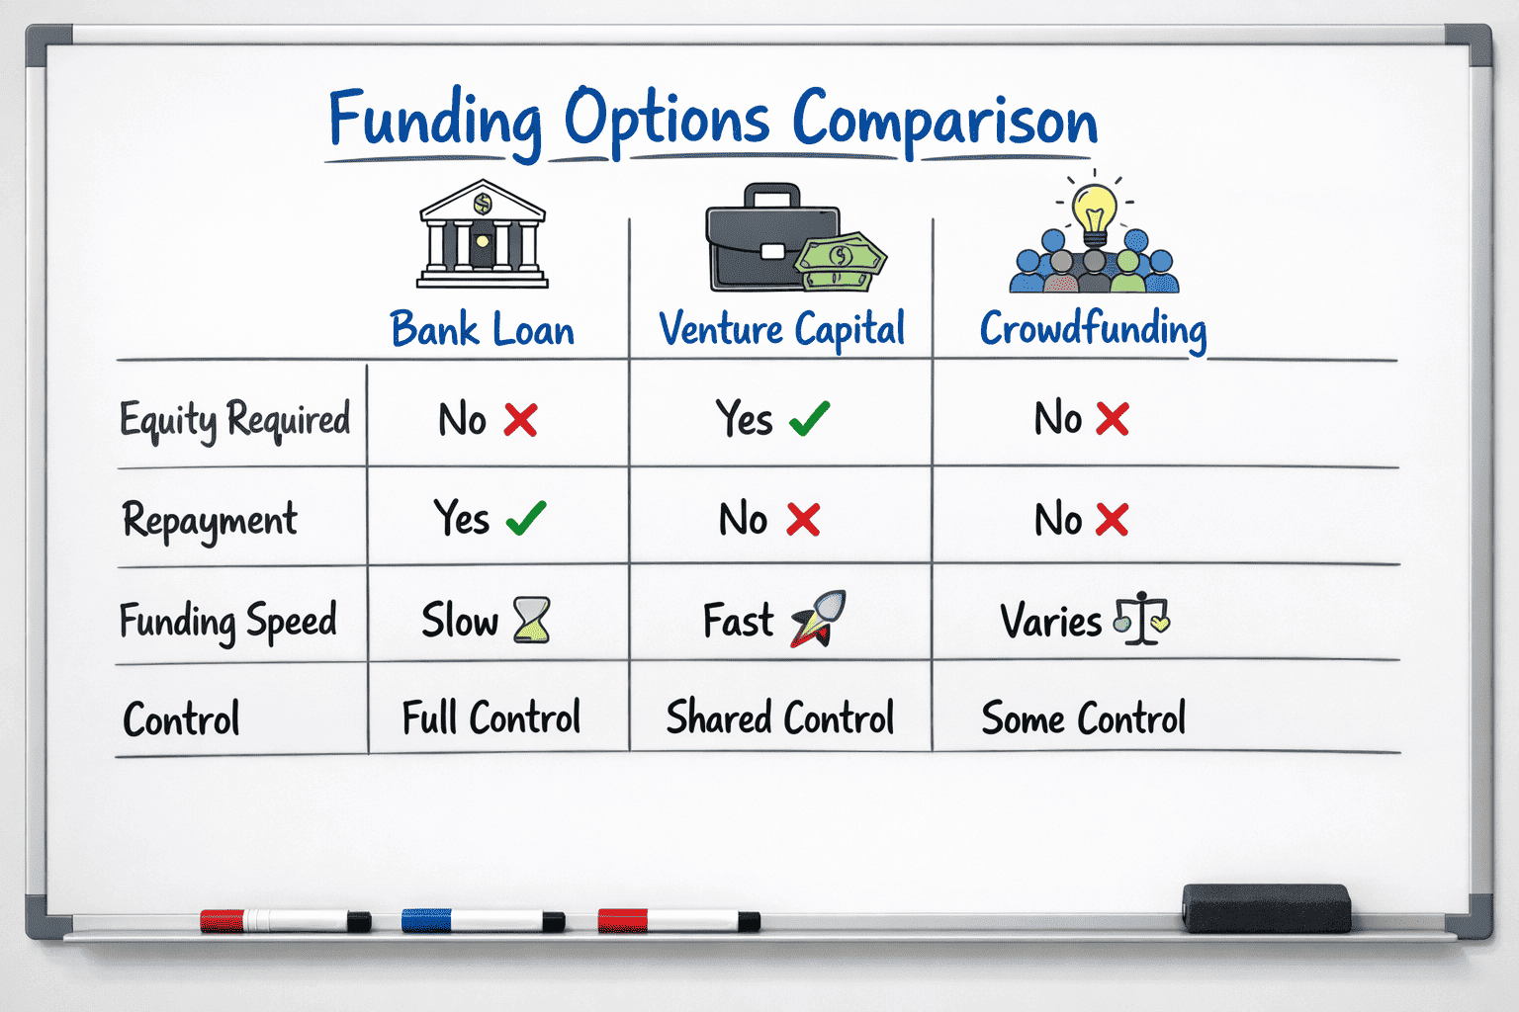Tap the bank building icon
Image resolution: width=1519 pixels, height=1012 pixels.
pyautogui.click(x=483, y=234)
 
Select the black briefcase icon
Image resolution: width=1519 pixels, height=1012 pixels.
pyautogui.click(x=773, y=237)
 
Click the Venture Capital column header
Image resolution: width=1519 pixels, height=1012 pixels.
pyautogui.click(x=782, y=330)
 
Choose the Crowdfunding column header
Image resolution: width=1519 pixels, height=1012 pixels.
pyautogui.click(x=1093, y=330)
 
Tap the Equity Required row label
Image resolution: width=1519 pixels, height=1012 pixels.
pyautogui.click(x=234, y=420)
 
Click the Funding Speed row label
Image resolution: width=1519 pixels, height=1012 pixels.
pyautogui.click(x=227, y=621)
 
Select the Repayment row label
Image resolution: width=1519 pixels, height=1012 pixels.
pyautogui.click(x=210, y=521)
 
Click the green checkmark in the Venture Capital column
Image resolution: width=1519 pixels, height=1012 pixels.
pyautogui.click(x=809, y=418)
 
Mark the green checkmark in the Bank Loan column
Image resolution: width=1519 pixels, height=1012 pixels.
pyautogui.click(x=526, y=519)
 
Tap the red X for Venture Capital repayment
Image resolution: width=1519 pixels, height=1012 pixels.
pyautogui.click(x=804, y=520)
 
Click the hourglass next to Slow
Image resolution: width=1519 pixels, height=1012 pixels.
pyautogui.click(x=532, y=620)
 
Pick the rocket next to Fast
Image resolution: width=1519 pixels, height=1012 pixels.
pyautogui.click(x=819, y=619)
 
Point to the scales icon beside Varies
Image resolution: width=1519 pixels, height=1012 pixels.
pyautogui.click(x=1142, y=618)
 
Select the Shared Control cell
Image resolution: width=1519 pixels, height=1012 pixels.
pyautogui.click(x=780, y=717)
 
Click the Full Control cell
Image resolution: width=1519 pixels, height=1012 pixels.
pyautogui.click(x=491, y=717)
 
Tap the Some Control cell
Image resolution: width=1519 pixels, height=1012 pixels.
pyautogui.click(x=1084, y=717)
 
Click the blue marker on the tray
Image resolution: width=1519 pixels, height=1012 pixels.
pyautogui.click(x=483, y=921)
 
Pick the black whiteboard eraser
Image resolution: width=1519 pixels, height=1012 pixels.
pyautogui.click(x=1266, y=908)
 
